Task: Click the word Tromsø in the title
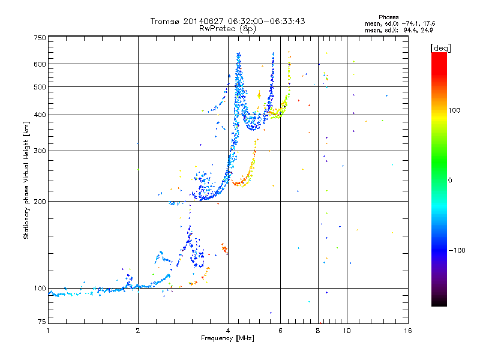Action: (165, 21)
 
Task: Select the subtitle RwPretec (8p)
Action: (227, 29)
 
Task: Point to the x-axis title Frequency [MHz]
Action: (227, 338)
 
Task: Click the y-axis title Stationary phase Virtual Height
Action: (26, 181)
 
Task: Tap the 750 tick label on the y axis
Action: (40, 38)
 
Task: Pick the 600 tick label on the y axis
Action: (40, 64)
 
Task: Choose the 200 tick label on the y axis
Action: (40, 202)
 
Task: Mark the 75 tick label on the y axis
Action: (42, 322)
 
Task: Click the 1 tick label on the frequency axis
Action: (48, 331)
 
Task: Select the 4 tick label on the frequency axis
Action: (228, 331)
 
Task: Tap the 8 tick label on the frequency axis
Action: (318, 331)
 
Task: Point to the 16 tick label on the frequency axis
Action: (408, 331)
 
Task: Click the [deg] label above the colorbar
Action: (440, 48)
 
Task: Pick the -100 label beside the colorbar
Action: (457, 250)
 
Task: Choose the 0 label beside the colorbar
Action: (450, 180)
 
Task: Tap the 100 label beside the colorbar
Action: (454, 110)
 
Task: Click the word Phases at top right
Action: (388, 17)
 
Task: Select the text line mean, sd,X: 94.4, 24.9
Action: (398, 30)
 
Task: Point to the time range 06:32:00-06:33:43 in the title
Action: (266, 21)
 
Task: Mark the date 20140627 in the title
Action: (203, 21)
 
